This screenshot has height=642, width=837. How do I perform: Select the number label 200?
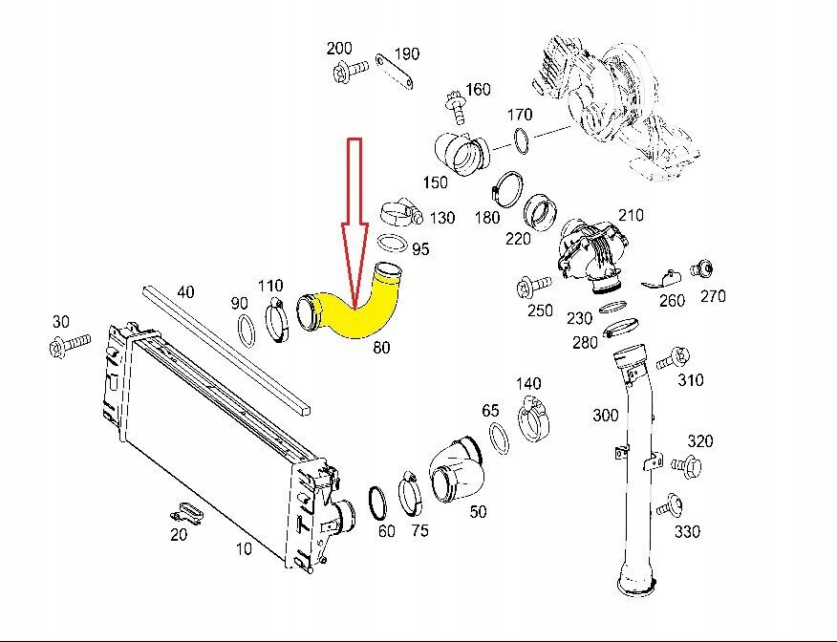(338, 49)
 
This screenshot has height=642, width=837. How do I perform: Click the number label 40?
(185, 291)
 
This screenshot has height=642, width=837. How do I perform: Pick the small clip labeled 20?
(187, 510)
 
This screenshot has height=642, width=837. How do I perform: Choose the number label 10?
(244, 549)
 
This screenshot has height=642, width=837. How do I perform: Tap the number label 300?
(605, 415)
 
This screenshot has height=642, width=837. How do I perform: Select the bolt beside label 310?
(673, 358)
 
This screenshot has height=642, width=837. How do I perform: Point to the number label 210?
(632, 215)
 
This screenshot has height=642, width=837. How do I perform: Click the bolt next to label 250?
(531, 286)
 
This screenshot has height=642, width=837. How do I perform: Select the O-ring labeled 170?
(522, 141)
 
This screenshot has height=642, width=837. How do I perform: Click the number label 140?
(528, 383)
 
